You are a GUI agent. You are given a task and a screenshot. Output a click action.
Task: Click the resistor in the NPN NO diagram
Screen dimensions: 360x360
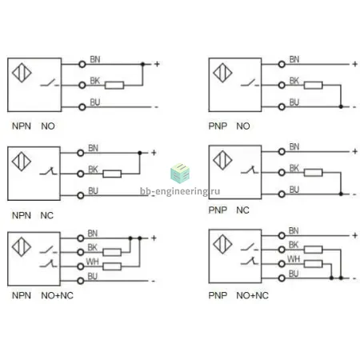coord(114,86)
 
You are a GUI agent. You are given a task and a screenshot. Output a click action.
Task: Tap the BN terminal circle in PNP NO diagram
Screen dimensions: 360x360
coord(282,64)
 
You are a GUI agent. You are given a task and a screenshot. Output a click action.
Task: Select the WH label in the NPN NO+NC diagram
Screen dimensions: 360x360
coord(92,262)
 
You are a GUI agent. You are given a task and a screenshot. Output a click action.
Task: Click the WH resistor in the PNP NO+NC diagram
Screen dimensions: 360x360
coord(314,264)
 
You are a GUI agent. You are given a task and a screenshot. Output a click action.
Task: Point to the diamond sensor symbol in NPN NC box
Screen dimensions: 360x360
coord(22,162)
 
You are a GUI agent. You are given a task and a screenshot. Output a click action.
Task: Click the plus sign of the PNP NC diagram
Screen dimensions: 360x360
coord(354,151)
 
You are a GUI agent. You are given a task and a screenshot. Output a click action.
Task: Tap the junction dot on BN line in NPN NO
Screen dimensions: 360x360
coord(142,64)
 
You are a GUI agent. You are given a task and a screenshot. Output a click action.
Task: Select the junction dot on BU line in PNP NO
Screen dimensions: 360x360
coord(341,106)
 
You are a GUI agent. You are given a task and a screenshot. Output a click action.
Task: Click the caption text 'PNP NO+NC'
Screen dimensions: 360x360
coord(238,295)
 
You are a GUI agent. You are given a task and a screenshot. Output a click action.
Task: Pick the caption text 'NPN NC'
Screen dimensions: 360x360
coord(33,215)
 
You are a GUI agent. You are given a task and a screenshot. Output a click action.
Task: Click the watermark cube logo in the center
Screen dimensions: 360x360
coord(180,174)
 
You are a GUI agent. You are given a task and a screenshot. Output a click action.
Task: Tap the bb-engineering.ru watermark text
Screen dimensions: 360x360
coord(180,191)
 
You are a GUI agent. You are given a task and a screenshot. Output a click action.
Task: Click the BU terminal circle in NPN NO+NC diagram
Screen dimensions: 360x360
coord(81,281)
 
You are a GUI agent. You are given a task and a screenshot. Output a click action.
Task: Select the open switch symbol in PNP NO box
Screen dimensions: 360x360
coord(250,82)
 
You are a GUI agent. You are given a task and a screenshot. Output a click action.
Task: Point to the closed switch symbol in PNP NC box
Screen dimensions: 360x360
coord(250,170)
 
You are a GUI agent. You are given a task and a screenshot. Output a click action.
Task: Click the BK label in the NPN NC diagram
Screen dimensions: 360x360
coord(93,170)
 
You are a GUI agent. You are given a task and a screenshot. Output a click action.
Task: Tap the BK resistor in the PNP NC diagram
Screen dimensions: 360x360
coord(314,173)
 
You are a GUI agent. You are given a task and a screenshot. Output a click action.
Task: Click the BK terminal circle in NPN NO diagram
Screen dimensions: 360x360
coord(82,86)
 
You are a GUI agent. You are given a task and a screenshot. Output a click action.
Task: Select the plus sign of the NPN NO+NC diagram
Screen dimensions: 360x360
coord(154,238)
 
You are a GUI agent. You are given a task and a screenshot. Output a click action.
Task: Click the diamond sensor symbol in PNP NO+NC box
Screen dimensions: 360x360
coord(222,244)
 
